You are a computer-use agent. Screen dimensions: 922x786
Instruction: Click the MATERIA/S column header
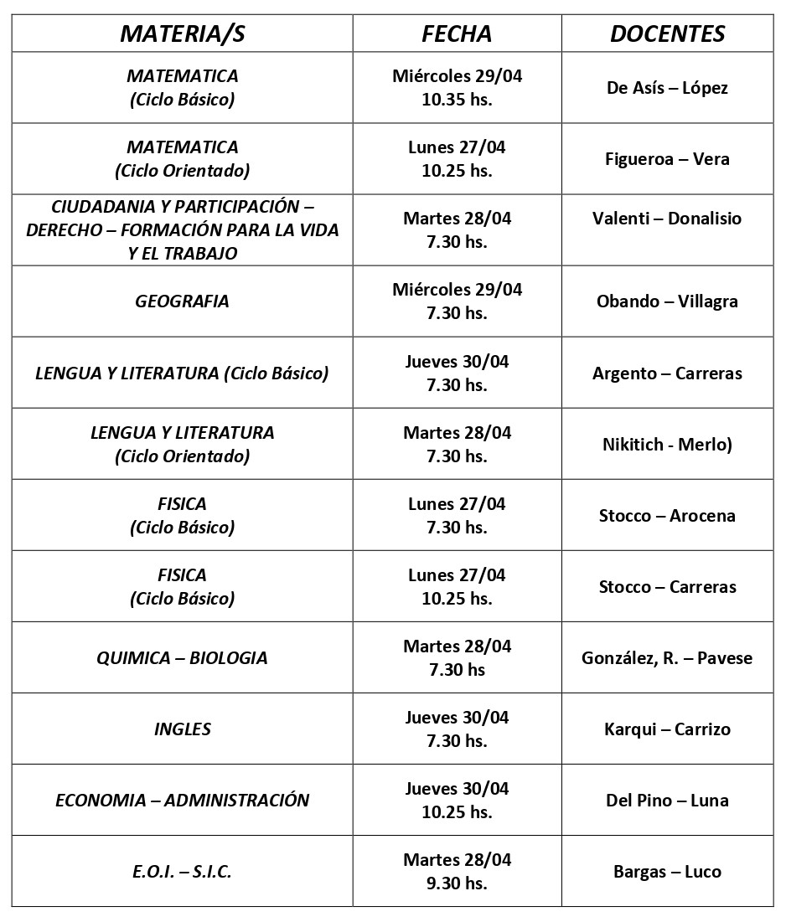point(182,33)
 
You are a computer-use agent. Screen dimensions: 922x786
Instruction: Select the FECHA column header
point(457,33)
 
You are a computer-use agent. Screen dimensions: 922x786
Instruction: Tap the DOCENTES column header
point(667,33)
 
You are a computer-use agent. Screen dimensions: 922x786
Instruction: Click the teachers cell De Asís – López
point(667,88)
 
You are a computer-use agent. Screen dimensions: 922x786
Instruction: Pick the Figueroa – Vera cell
point(667,159)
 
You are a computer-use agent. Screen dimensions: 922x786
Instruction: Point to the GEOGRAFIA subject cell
point(182,301)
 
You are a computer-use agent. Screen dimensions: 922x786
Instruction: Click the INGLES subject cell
point(182,729)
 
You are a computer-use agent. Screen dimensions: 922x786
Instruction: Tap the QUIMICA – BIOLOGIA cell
point(182,657)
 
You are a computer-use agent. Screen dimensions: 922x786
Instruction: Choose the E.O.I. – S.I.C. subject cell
point(182,872)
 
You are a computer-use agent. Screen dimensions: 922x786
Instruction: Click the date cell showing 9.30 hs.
point(457,871)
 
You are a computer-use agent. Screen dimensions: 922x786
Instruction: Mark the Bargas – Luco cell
point(667,872)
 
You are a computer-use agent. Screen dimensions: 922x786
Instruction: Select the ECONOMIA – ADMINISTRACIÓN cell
point(182,800)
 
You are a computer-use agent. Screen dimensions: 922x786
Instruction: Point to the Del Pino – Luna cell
point(667,801)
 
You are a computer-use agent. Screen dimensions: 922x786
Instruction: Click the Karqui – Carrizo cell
point(667,729)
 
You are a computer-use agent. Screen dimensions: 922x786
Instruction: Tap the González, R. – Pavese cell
point(667,658)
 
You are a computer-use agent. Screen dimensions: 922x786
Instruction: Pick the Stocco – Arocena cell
point(667,516)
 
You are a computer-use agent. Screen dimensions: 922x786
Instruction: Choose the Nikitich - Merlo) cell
point(667,445)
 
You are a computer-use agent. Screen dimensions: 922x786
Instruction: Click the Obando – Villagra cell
point(667,301)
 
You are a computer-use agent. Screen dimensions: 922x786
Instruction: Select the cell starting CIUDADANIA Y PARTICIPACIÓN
point(182,229)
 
